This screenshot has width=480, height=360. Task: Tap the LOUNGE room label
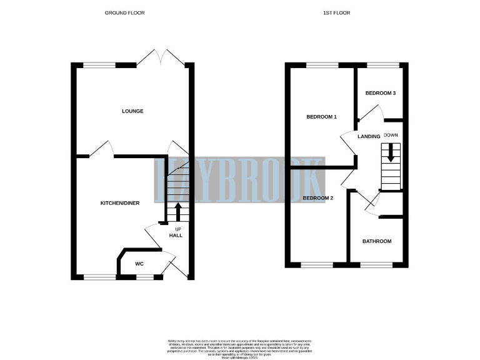(x=132, y=111)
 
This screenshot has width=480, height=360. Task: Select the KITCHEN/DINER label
(x=120, y=203)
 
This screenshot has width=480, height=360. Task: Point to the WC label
(x=139, y=264)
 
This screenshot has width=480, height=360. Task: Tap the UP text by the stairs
(x=177, y=229)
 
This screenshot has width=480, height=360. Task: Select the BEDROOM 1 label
(x=321, y=117)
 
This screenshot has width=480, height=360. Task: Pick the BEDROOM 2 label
(x=318, y=198)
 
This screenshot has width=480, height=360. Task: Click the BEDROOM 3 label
(x=381, y=93)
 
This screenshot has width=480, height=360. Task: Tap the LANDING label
(x=369, y=136)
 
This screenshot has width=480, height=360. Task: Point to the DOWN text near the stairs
(x=391, y=135)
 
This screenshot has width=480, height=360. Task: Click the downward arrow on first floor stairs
(x=391, y=152)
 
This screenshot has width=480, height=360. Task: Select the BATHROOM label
(x=377, y=241)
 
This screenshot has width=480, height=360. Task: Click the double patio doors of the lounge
(x=161, y=59)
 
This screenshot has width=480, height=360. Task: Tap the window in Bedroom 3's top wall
(x=382, y=64)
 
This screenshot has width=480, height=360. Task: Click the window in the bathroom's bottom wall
(x=376, y=265)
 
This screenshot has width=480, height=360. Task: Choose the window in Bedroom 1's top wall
(x=322, y=64)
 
